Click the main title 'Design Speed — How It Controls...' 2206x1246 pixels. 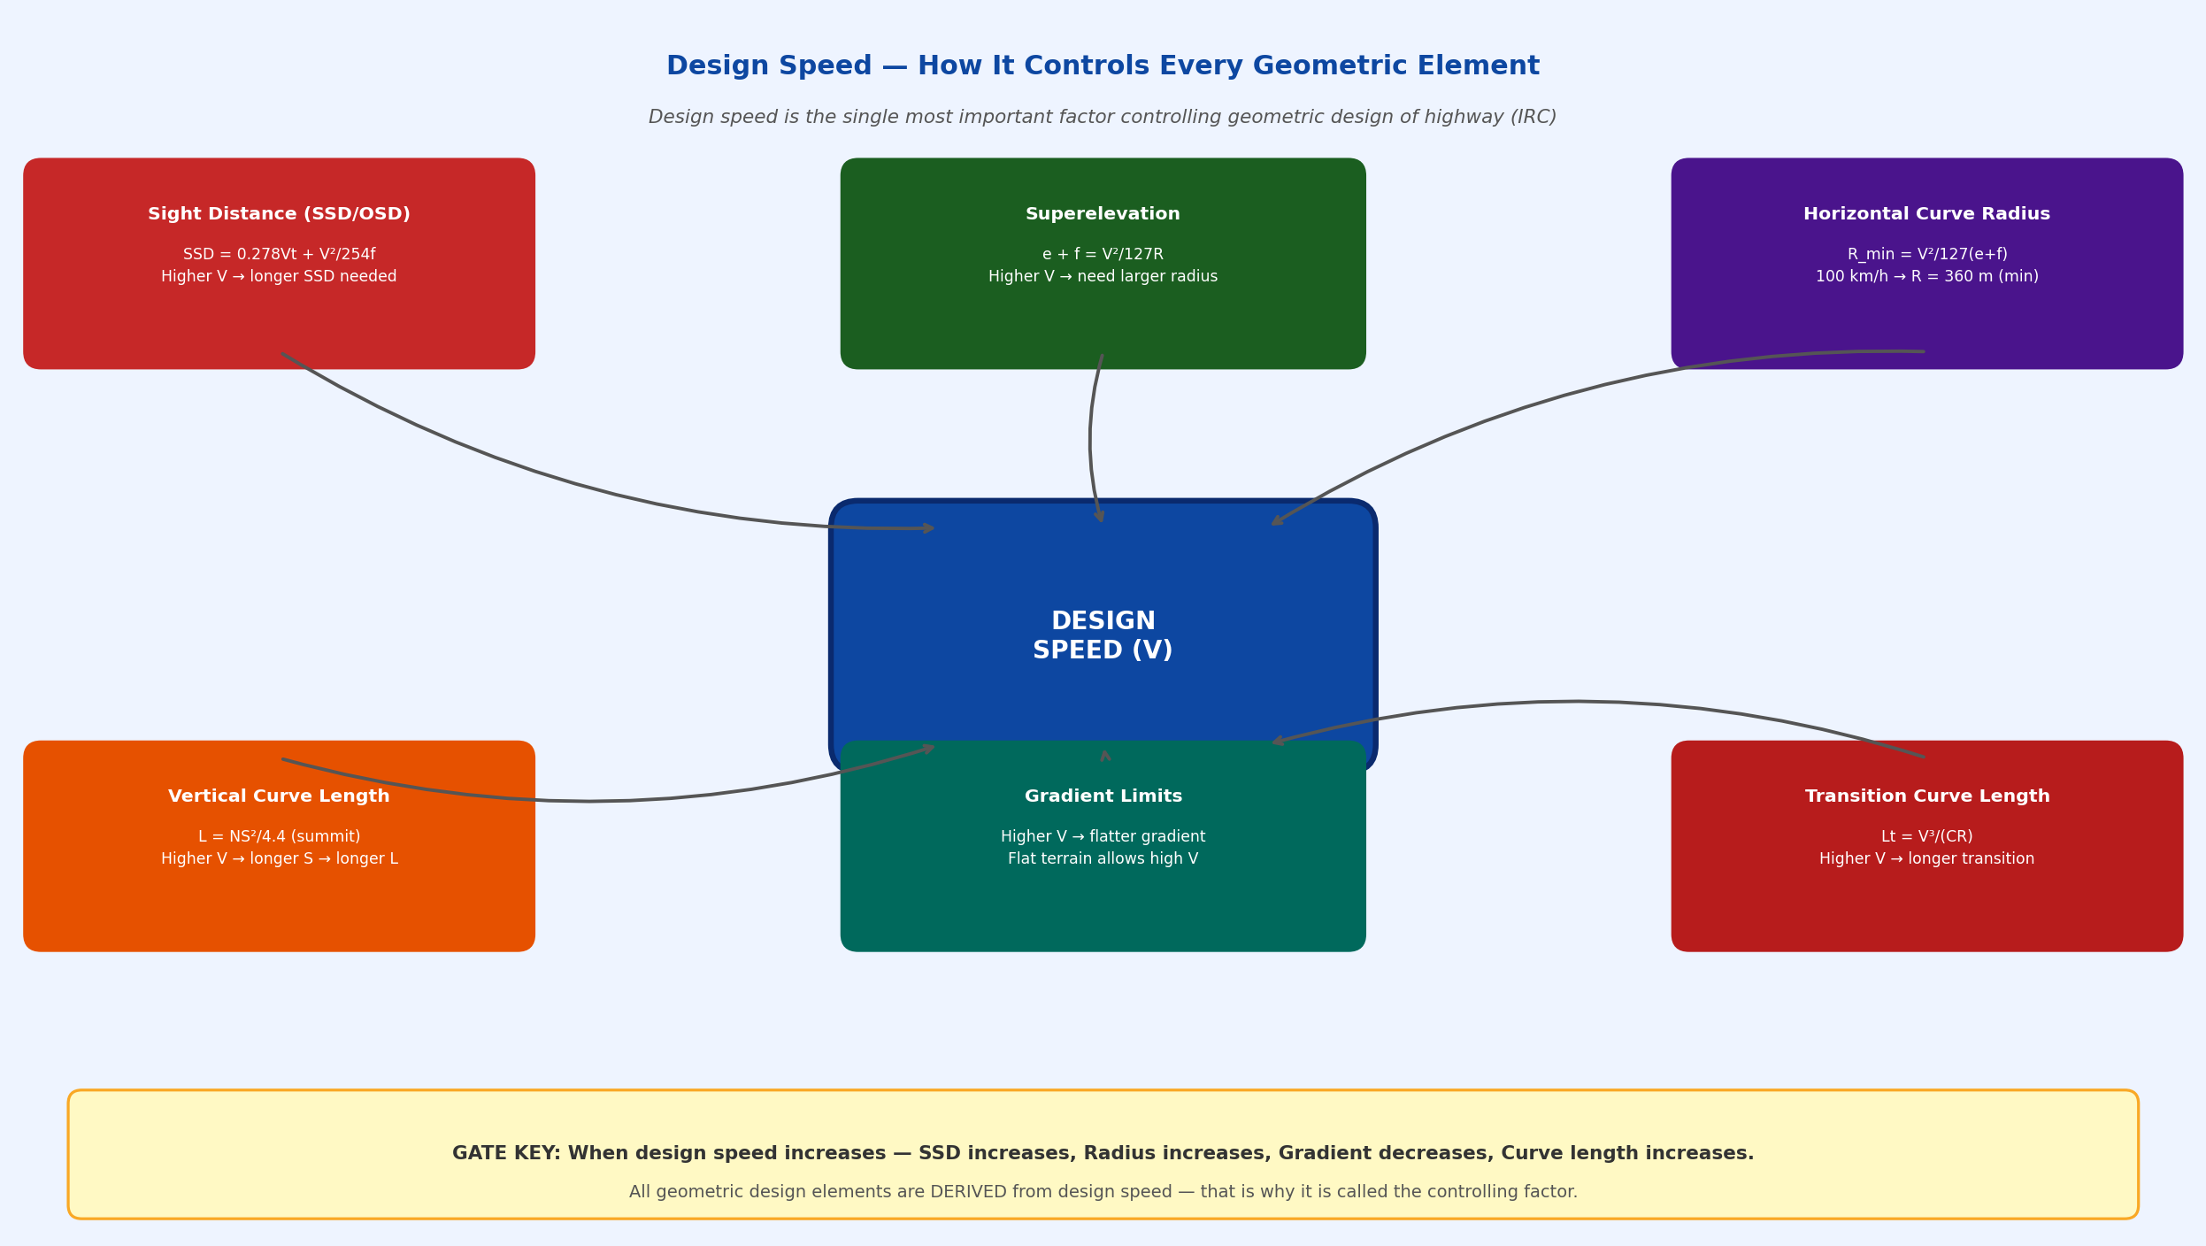tap(1103, 66)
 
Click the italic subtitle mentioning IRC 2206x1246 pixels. tap(1103, 118)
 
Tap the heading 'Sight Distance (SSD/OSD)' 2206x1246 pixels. tap(279, 214)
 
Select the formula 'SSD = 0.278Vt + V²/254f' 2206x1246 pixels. tap(279, 255)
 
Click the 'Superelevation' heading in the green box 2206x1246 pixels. tap(1103, 214)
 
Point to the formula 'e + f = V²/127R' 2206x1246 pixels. tap(1103, 255)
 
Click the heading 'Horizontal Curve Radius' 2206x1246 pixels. tap(1926, 214)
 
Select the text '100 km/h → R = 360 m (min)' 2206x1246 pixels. tap(1926, 277)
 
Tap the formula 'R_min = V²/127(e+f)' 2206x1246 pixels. tap(1926, 255)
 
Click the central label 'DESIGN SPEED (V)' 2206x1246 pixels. tap(1103, 635)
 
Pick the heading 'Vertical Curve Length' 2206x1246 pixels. tap(279, 796)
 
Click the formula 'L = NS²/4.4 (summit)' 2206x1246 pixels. tap(279, 837)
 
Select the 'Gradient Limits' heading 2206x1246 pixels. tap(1103, 796)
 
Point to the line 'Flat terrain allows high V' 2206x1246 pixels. tap(1103, 859)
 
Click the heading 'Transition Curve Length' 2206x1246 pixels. tap(1926, 796)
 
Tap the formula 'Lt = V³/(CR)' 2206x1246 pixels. tap(1926, 837)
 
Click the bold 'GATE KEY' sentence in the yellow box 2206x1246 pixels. tap(1103, 1154)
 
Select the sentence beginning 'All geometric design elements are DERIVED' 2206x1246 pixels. tap(1103, 1192)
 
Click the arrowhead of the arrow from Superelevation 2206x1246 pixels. tap(1100, 517)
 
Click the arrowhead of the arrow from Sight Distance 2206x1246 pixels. tap(929, 528)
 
